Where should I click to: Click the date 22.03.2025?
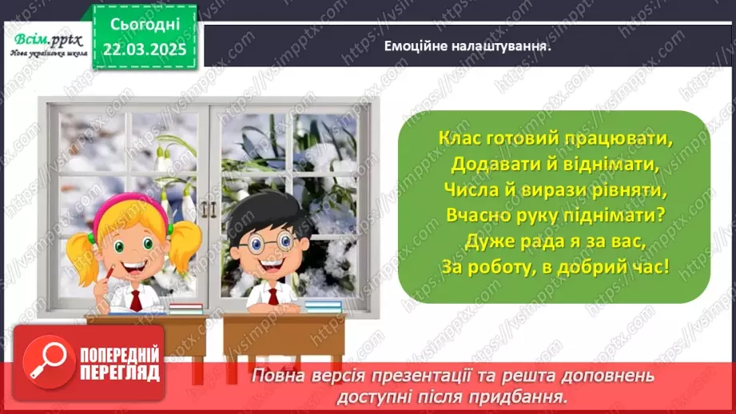click(144, 49)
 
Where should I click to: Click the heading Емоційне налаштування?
click(469, 46)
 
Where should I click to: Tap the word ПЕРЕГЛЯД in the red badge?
click(120, 372)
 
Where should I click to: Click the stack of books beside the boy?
click(323, 306)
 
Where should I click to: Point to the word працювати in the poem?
click(623, 137)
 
